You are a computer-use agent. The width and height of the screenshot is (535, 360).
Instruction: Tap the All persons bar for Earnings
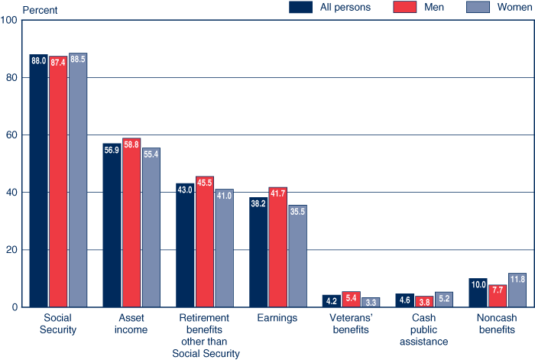258,252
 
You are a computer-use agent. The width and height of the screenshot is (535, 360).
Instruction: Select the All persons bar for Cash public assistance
404,300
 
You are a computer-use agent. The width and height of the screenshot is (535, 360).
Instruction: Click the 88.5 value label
78,59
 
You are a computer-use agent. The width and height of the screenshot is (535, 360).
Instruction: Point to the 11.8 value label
517,279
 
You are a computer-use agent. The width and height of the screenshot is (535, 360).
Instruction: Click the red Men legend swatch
404,8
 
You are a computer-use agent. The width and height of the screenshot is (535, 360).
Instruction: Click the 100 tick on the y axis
10,20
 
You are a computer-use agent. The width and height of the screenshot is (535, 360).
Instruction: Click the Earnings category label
277,317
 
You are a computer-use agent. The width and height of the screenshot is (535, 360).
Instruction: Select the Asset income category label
131,323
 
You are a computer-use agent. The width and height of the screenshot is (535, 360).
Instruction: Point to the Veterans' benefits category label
351,323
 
